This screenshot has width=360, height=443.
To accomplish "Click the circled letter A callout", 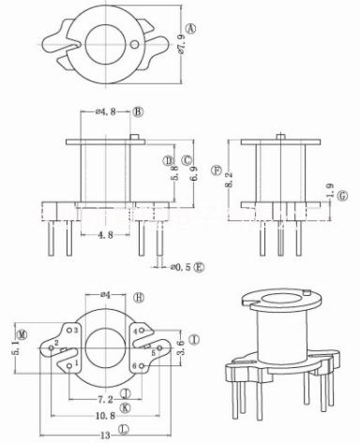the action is (x=191, y=29).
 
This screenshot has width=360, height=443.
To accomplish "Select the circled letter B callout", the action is (x=138, y=111).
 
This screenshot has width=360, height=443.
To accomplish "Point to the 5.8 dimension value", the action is (x=174, y=172).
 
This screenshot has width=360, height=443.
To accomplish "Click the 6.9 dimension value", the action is (x=193, y=173).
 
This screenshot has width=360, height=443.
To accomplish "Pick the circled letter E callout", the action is (x=199, y=267).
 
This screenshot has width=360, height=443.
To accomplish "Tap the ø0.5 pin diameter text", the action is (x=181, y=267).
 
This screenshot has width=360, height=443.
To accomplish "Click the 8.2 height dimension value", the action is (x=229, y=180).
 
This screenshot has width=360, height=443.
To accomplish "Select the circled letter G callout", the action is (x=343, y=196).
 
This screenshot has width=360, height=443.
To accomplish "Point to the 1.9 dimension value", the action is (x=330, y=190).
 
